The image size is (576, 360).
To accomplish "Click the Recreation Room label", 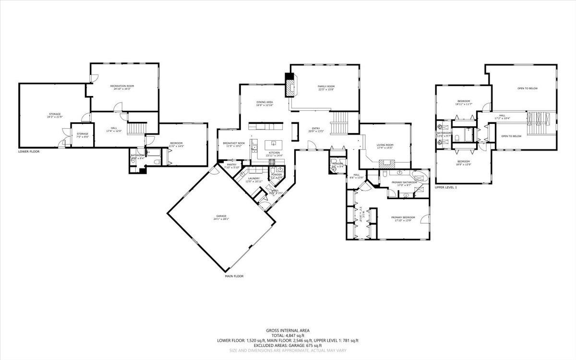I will click(124, 87).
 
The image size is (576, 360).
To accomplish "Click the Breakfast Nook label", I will click(234, 144).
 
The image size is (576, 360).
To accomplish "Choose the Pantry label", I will click(231, 166).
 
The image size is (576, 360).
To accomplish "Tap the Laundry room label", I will click(254, 179).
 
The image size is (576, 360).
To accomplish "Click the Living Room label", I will click(385, 146).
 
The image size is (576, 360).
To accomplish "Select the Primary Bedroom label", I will click(402, 218).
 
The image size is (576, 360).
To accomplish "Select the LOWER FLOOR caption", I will click(29, 151).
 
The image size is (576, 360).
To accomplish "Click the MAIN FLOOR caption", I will click(234, 276).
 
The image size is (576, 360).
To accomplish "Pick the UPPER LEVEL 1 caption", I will click(446, 187).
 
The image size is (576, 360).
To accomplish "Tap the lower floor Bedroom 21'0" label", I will click(176, 144).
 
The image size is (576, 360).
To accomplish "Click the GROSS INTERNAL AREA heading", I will click(288, 330).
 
